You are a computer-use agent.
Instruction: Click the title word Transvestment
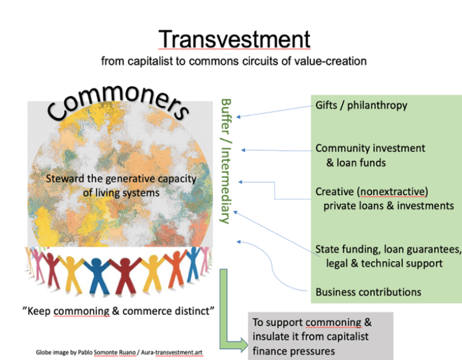234,39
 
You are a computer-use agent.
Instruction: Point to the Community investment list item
371,149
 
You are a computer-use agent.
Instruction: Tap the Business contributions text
368,291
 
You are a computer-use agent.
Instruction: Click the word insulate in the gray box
271,336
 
